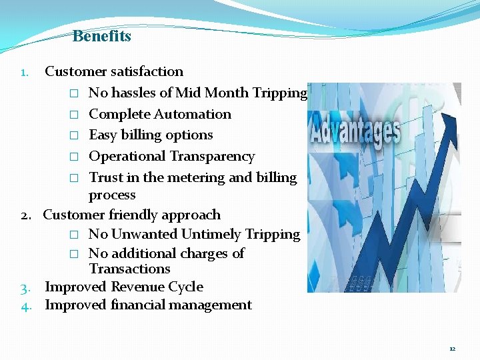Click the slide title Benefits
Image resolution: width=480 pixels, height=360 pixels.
click(x=101, y=36)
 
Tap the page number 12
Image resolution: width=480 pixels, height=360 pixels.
click(x=452, y=349)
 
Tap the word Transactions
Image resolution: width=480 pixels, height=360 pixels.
click(x=129, y=269)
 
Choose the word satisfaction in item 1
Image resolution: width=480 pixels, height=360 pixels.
click(x=147, y=71)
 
